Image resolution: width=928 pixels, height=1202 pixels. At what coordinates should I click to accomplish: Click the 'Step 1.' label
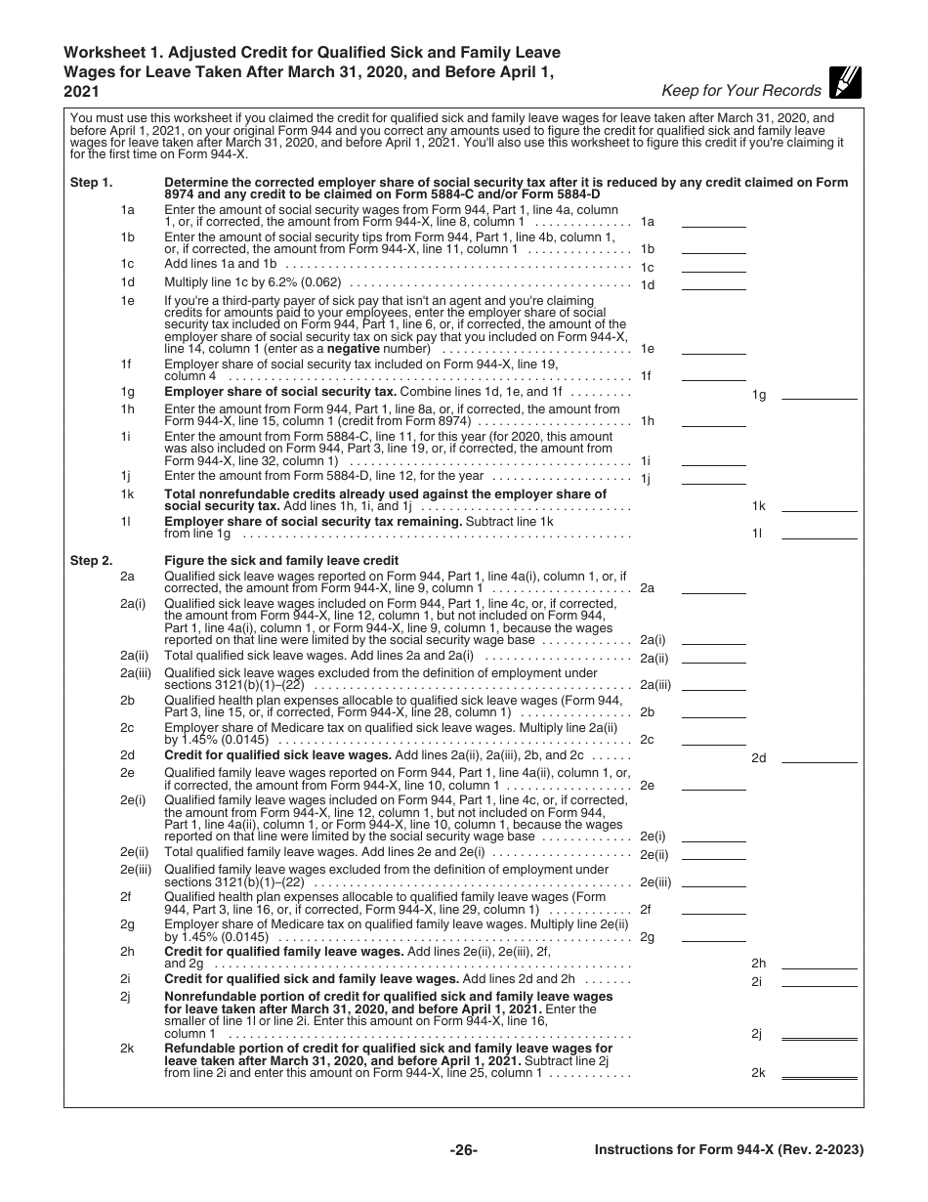tap(91, 183)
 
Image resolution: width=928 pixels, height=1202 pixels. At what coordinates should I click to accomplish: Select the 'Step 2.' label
tap(91, 561)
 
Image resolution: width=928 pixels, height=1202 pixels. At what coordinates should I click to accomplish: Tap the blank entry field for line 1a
tap(713, 222)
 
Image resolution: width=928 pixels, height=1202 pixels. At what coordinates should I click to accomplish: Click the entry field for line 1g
tap(824, 394)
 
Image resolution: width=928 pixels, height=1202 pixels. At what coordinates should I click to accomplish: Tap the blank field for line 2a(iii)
tap(713, 685)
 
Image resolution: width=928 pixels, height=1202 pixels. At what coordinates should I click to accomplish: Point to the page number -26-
tap(463, 1150)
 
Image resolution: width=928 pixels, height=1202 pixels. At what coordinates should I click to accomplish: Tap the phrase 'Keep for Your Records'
tap(741, 91)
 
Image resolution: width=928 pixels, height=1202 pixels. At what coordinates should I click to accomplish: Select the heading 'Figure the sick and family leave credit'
tap(281, 561)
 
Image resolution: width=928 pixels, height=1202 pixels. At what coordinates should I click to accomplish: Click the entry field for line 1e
tap(713, 349)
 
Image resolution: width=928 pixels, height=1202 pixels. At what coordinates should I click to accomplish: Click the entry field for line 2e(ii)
tap(713, 854)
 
